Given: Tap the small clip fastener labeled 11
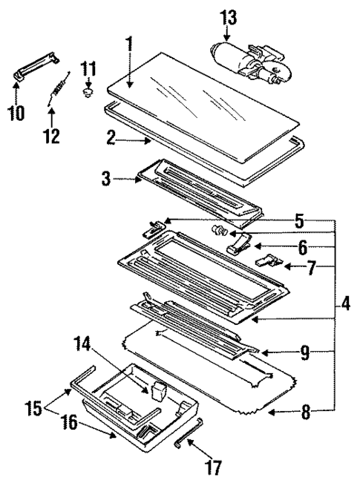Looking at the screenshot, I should [x=89, y=93].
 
